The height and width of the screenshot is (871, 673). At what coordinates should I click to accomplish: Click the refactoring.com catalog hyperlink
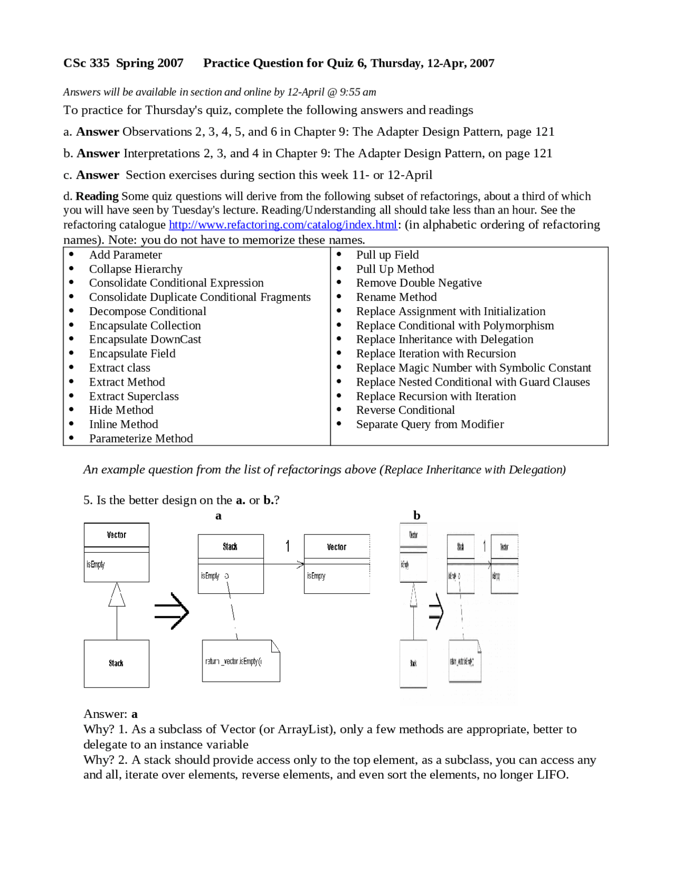pyautogui.click(x=282, y=225)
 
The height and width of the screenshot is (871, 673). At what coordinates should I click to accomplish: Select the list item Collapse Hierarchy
pyautogui.click(x=135, y=269)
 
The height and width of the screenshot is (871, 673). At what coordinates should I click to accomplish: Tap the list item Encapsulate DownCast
pyautogui.click(x=145, y=339)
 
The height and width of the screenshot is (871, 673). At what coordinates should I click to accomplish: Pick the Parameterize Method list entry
pyautogui.click(x=140, y=438)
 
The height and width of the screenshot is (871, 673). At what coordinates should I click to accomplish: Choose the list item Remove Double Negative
pyautogui.click(x=419, y=283)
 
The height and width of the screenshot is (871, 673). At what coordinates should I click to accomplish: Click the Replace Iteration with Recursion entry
pyautogui.click(x=435, y=353)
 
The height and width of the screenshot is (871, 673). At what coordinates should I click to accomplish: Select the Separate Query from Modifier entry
pyautogui.click(x=430, y=424)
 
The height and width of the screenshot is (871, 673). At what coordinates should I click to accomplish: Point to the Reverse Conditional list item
pyautogui.click(x=405, y=410)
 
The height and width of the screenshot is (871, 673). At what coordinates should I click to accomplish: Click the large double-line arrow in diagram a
pyautogui.click(x=171, y=611)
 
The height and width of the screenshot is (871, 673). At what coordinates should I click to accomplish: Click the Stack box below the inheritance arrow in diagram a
pyautogui.click(x=116, y=663)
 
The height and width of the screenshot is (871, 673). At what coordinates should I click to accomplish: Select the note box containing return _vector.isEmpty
pyautogui.click(x=241, y=661)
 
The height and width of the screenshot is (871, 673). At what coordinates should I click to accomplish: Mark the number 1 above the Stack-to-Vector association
pyautogui.click(x=288, y=546)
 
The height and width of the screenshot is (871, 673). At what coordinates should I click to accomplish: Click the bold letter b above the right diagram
pyautogui.click(x=416, y=515)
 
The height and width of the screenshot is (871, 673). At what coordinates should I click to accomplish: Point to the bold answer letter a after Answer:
pyautogui.click(x=135, y=714)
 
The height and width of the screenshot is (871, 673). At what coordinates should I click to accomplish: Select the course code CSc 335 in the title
pyautogui.click(x=86, y=63)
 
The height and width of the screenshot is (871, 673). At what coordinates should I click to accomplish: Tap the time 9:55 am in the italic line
pyautogui.click(x=358, y=92)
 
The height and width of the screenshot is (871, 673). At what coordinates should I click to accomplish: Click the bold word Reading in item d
pyautogui.click(x=97, y=196)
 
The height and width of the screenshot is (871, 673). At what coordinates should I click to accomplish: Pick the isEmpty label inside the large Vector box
pyautogui.click(x=96, y=564)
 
